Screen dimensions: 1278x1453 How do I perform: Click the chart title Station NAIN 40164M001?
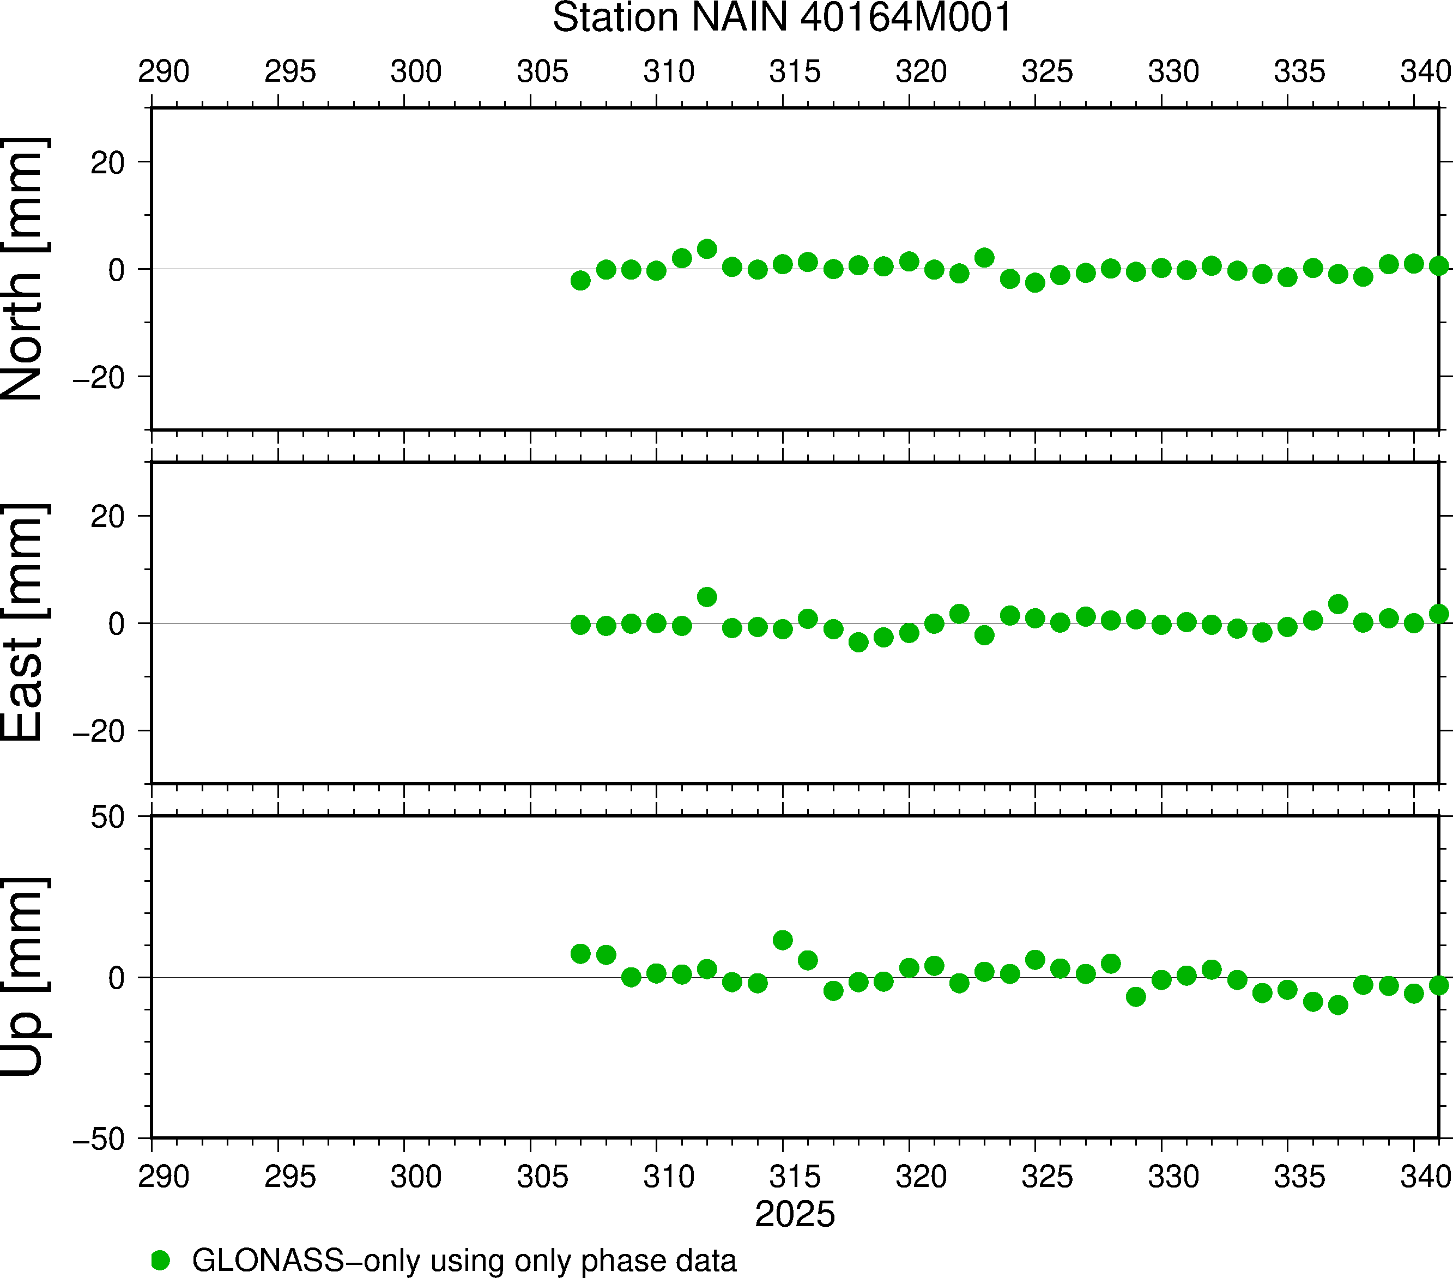[x=782, y=18]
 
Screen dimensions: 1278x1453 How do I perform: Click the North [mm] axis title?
[x=23, y=269]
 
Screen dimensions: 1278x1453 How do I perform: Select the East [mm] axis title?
[x=23, y=623]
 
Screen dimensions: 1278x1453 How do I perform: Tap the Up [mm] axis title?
[x=23, y=977]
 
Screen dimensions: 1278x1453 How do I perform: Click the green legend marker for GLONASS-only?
[x=161, y=1260]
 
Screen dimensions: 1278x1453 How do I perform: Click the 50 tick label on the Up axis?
[x=107, y=818]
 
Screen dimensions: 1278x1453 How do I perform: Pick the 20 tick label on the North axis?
[x=107, y=163]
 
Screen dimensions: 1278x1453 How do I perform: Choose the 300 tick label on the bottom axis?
[x=416, y=1177]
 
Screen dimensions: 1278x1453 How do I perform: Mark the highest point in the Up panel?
[x=783, y=940]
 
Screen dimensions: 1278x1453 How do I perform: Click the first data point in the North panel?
[x=581, y=281]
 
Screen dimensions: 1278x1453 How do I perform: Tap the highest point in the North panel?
[x=706, y=249]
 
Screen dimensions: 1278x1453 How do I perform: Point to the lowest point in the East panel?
[x=859, y=643]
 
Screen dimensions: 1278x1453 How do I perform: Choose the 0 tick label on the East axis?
[x=117, y=624]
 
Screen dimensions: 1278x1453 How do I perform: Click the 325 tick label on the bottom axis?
[x=1047, y=1177]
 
